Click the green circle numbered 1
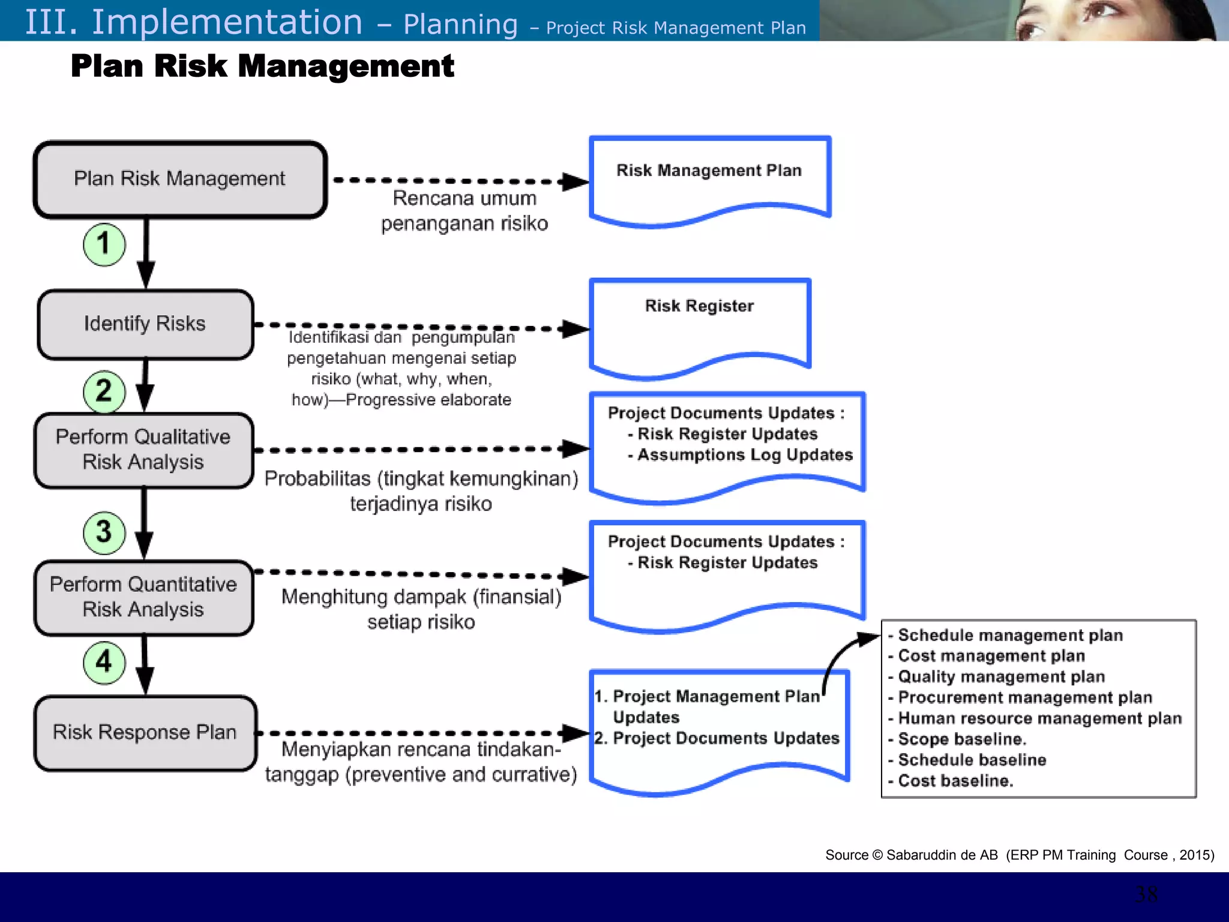click(104, 244)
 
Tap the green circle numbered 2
click(104, 391)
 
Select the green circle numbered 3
click(104, 532)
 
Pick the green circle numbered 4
click(104, 663)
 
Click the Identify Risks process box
click(145, 324)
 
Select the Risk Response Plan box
click(145, 733)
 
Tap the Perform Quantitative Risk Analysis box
click(144, 597)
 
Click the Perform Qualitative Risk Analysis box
click(144, 450)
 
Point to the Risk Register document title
click(699, 306)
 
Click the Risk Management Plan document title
click(709, 170)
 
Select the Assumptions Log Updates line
click(745, 455)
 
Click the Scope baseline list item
click(962, 739)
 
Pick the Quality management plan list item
click(1001, 676)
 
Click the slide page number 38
click(1147, 894)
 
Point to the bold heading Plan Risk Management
click(262, 66)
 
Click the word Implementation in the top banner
click(227, 22)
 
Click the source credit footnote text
click(1019, 855)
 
